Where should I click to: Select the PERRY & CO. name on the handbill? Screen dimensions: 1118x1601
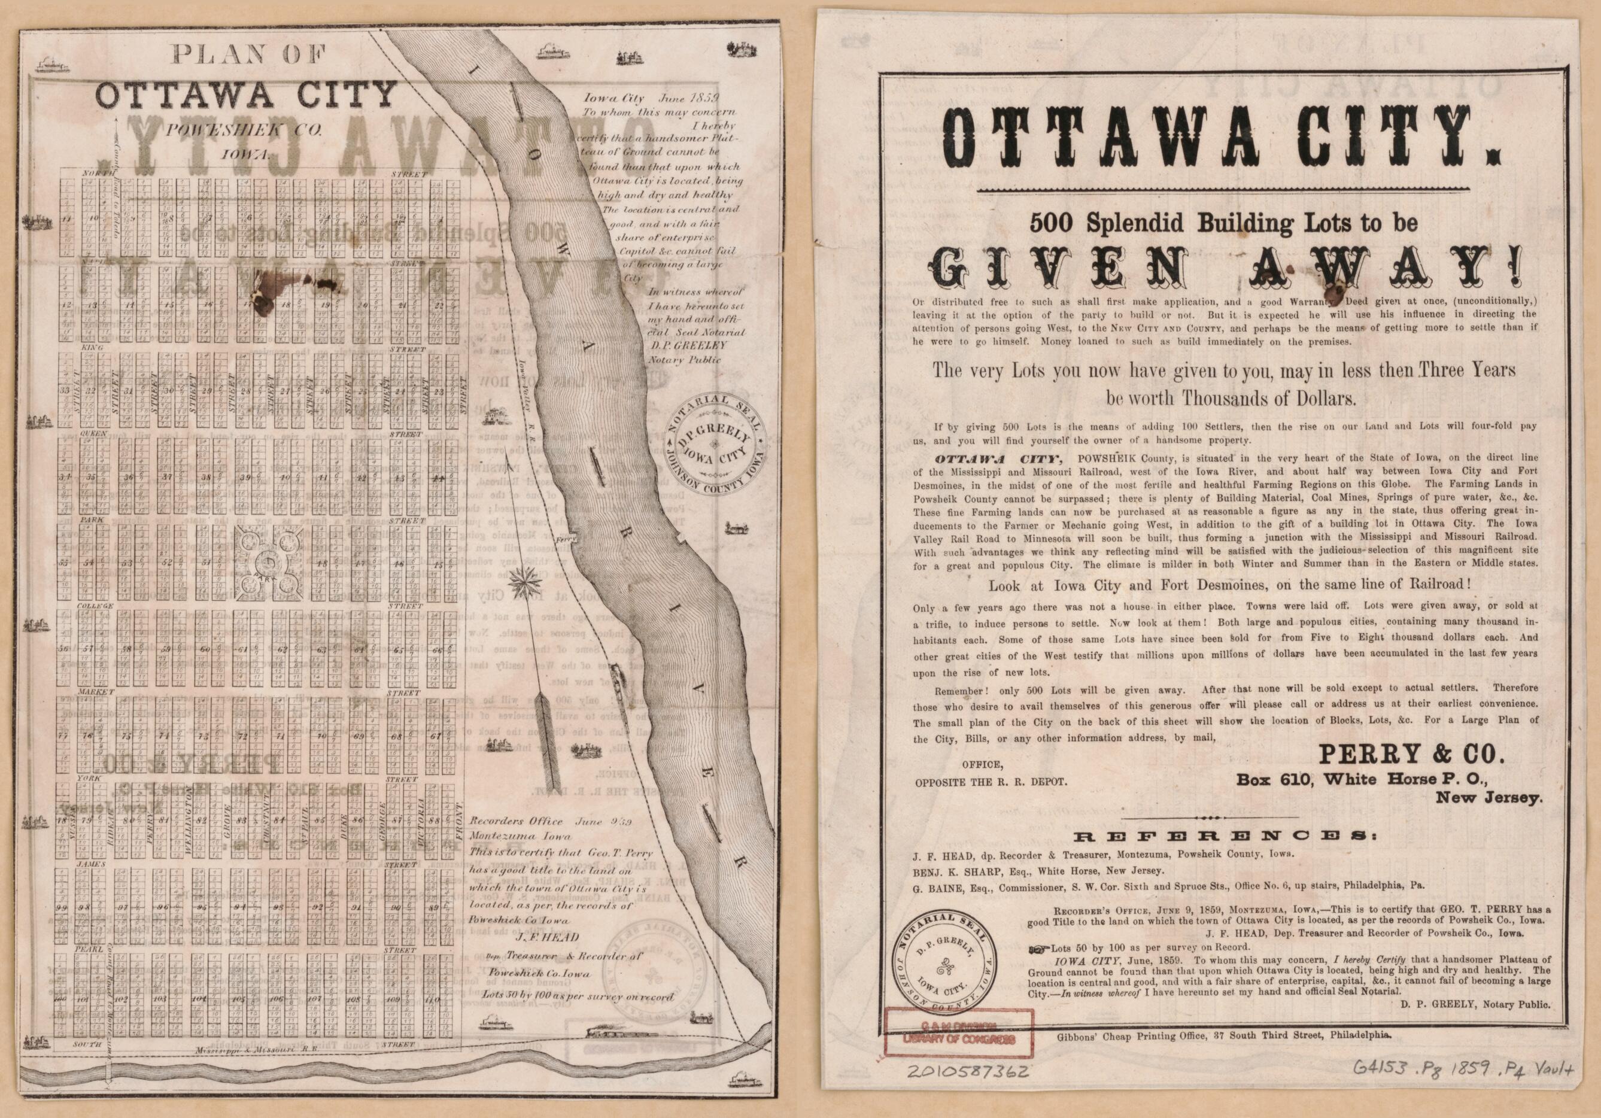(x=1411, y=754)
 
